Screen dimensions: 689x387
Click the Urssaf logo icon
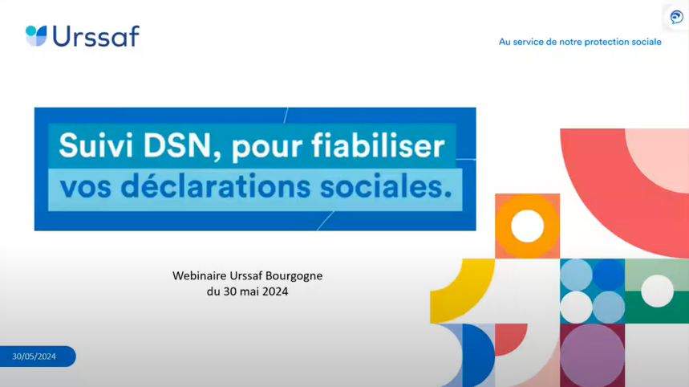pos(36,35)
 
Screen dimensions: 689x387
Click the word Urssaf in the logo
pos(96,36)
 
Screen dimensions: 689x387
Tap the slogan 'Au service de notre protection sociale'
pos(580,42)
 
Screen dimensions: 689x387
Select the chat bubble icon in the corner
pos(677,17)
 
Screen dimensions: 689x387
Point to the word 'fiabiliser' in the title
pos(379,145)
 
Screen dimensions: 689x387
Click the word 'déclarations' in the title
pos(216,186)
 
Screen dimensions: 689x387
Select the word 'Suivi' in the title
pos(95,145)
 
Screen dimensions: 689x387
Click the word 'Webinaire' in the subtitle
pos(199,275)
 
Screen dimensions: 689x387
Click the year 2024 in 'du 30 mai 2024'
pos(275,291)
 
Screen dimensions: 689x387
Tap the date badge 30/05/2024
pos(38,356)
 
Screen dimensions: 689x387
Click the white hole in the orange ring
pos(527,226)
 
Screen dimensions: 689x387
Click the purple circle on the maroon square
pos(592,356)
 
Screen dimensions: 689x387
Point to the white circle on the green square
pos(658,291)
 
